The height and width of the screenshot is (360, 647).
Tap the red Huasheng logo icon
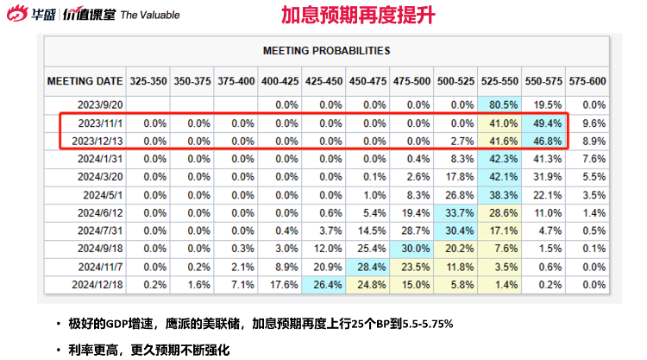[17, 15]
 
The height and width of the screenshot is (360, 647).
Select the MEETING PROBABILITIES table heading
[326, 51]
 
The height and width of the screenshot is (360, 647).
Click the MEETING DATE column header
[84, 81]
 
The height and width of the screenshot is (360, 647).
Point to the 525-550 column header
[498, 81]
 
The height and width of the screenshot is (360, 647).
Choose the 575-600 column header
[586, 81]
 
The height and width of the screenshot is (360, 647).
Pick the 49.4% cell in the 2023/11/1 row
[543, 123]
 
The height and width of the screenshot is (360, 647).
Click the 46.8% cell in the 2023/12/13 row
[543, 141]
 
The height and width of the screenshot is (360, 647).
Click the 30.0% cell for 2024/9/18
[411, 249]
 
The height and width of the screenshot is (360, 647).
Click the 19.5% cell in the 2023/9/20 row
[543, 105]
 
